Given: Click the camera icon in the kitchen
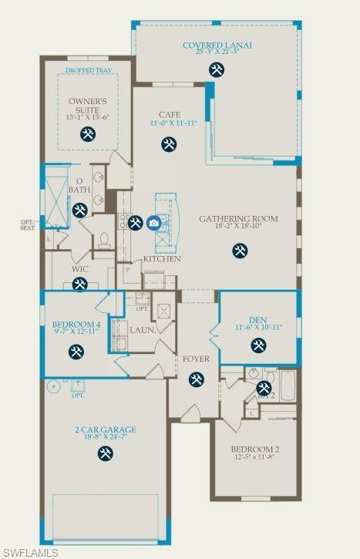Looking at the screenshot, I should pyautogui.click(x=153, y=223).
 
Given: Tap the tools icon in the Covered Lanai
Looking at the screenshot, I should pyautogui.click(x=217, y=69).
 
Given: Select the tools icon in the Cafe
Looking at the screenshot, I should pyautogui.click(x=169, y=143).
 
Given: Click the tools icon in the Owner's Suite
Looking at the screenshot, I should pyautogui.click(x=88, y=134).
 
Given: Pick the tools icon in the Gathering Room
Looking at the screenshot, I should pyautogui.click(x=240, y=250).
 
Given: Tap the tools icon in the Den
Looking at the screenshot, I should pyautogui.click(x=258, y=345).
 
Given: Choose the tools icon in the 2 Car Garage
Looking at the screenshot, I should pyautogui.click(x=106, y=453).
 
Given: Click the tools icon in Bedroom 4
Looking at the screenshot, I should pyautogui.click(x=76, y=352).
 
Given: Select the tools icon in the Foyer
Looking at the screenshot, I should pyautogui.click(x=197, y=379).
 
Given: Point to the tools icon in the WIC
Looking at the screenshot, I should pyautogui.click(x=79, y=285).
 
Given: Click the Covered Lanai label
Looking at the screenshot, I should pyautogui.click(x=217, y=45).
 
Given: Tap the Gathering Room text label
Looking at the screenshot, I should pyautogui.click(x=238, y=219).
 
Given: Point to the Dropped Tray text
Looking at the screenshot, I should pyautogui.click(x=89, y=70).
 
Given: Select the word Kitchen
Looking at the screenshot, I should pyautogui.click(x=162, y=259).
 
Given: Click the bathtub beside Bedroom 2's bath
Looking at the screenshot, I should pyautogui.click(x=288, y=386).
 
